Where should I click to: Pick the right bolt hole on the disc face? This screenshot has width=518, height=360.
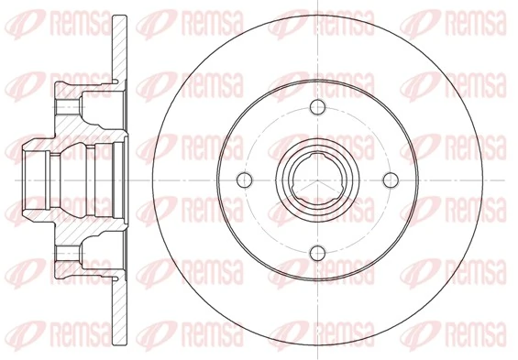coord(390,179)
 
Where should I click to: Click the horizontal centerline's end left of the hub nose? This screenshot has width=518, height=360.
coord(7,179)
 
